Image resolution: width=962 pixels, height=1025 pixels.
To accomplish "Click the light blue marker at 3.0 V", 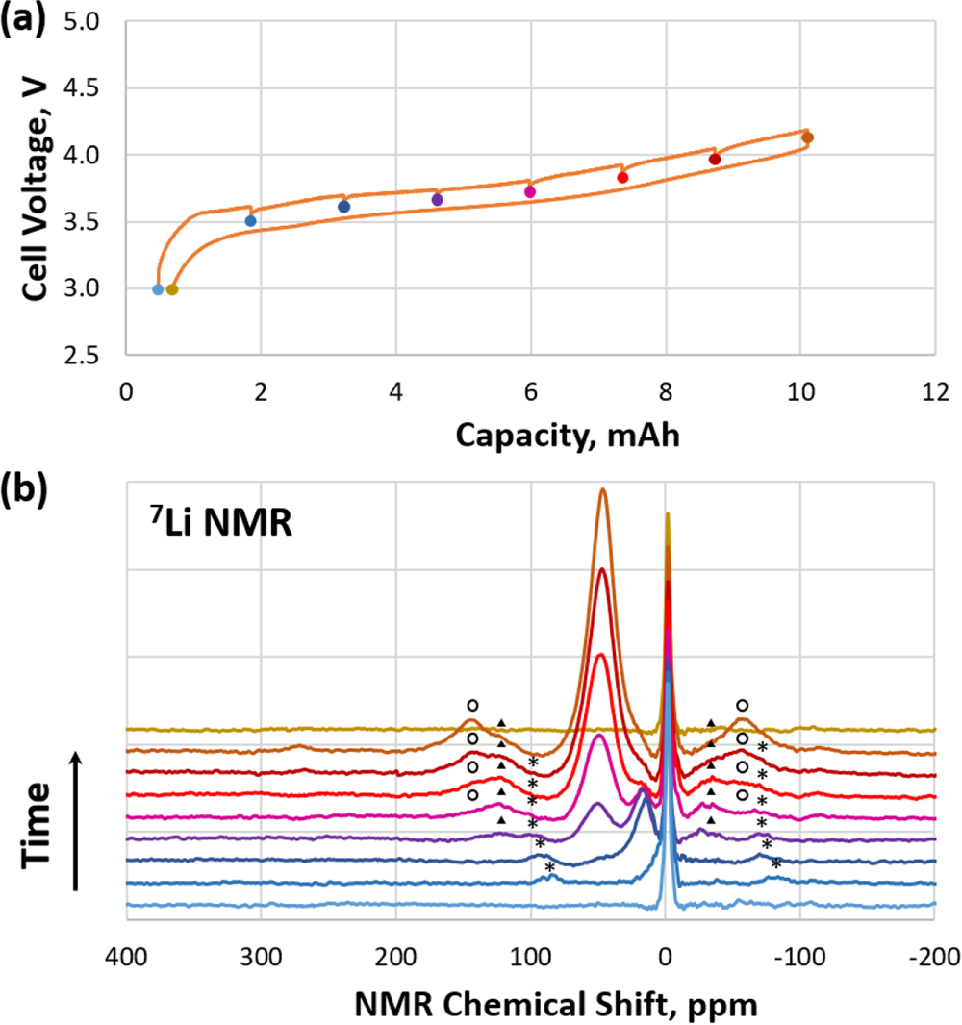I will tap(158, 289).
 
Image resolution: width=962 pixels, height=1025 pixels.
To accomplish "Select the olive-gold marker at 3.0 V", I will tap(172, 289).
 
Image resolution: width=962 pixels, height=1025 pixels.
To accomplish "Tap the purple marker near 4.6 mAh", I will tap(437, 200).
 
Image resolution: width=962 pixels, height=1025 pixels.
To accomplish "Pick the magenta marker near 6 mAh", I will tap(530, 192).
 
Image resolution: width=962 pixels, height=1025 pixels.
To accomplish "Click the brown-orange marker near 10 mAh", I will tap(808, 138).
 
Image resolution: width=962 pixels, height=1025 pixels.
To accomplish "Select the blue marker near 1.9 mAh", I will tap(251, 221).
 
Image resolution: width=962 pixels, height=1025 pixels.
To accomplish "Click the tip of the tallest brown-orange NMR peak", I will tap(603, 489).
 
